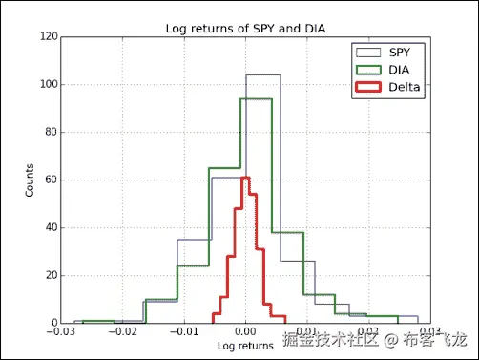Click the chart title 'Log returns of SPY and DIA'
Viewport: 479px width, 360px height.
point(245,27)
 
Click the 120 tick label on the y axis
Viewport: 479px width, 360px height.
point(48,37)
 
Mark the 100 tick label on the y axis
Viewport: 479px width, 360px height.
point(48,85)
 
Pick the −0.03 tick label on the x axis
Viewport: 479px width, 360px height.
point(63,332)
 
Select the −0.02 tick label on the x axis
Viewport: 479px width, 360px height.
point(124,332)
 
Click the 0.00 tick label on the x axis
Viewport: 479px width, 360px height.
point(245,332)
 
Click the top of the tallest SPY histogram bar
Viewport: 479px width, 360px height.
point(262,74)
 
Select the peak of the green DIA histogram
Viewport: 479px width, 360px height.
point(256,98)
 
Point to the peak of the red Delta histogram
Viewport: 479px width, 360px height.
point(245,178)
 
